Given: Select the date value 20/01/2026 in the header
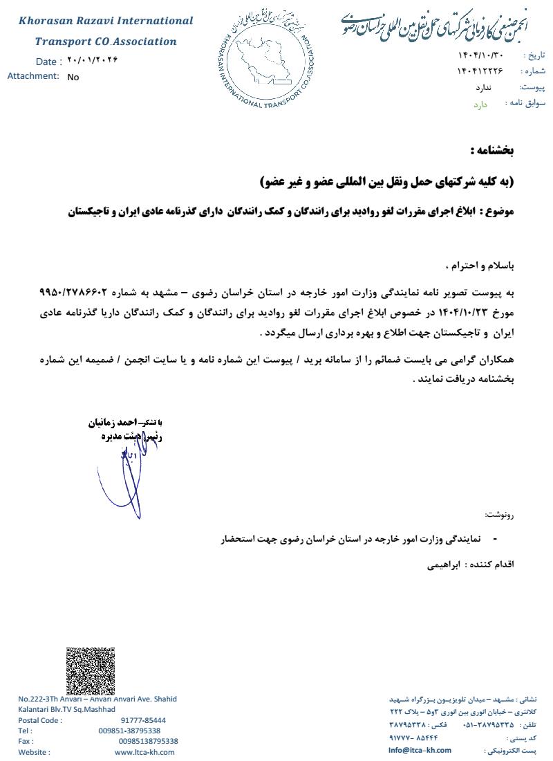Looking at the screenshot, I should click(x=93, y=60).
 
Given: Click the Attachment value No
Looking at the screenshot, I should click(x=73, y=77).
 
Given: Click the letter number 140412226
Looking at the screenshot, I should click(x=480, y=71).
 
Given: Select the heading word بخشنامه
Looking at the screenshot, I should click(x=492, y=150).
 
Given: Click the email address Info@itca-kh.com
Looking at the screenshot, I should click(x=420, y=750).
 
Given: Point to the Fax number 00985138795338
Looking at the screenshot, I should click(x=148, y=741).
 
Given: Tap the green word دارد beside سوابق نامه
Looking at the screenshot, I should click(x=480, y=104).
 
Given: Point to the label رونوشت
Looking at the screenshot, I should click(x=500, y=515).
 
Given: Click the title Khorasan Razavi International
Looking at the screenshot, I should click(x=106, y=21).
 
